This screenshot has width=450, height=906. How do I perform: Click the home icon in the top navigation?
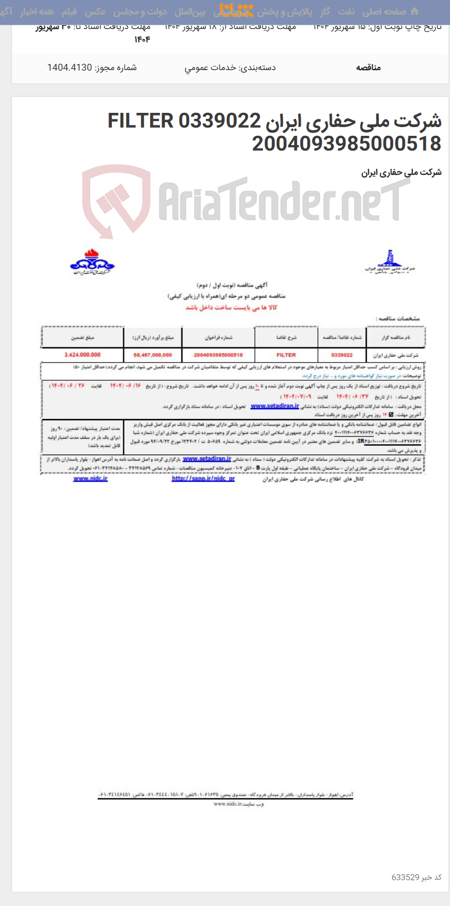tap(414, 12)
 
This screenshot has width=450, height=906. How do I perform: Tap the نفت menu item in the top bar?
tap(346, 12)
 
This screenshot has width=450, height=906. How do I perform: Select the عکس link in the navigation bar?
tap(95, 12)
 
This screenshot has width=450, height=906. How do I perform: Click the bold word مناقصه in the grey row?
tap(368, 67)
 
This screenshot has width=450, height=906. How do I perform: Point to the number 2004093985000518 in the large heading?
tap(346, 144)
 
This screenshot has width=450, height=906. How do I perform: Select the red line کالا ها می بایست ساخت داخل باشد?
tap(231, 307)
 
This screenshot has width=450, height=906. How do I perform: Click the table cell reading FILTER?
tap(286, 355)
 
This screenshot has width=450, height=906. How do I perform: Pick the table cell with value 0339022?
tap(342, 355)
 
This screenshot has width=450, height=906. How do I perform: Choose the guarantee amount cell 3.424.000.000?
tap(82, 355)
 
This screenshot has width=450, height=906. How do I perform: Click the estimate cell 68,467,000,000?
tap(152, 355)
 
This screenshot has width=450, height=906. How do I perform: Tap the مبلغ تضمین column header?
tap(82, 337)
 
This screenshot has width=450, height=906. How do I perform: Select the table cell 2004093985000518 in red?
tap(218, 355)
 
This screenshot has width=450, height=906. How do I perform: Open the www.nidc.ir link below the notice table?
tap(90, 479)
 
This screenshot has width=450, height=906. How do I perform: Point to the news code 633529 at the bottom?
tap(405, 877)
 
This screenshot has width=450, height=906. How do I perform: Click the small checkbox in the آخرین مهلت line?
tap(391, 415)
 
